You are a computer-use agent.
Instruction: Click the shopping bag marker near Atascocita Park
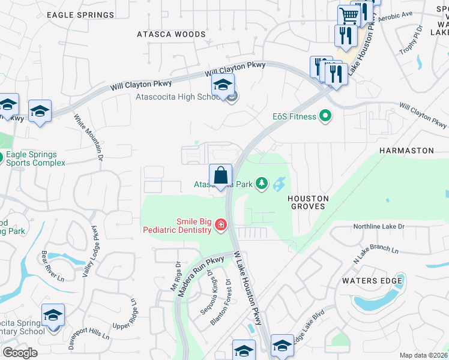click(221, 176)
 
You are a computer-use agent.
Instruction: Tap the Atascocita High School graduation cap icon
click(222, 85)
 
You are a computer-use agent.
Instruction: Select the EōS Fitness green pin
click(325, 116)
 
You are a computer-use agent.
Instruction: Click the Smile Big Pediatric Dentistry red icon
click(221, 226)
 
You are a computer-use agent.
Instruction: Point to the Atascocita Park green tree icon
click(261, 183)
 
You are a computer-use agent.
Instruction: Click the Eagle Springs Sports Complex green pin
click(2, 158)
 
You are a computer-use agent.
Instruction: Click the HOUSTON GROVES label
click(308, 202)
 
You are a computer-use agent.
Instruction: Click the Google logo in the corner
click(20, 353)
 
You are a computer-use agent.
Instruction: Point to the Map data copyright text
click(424, 355)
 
